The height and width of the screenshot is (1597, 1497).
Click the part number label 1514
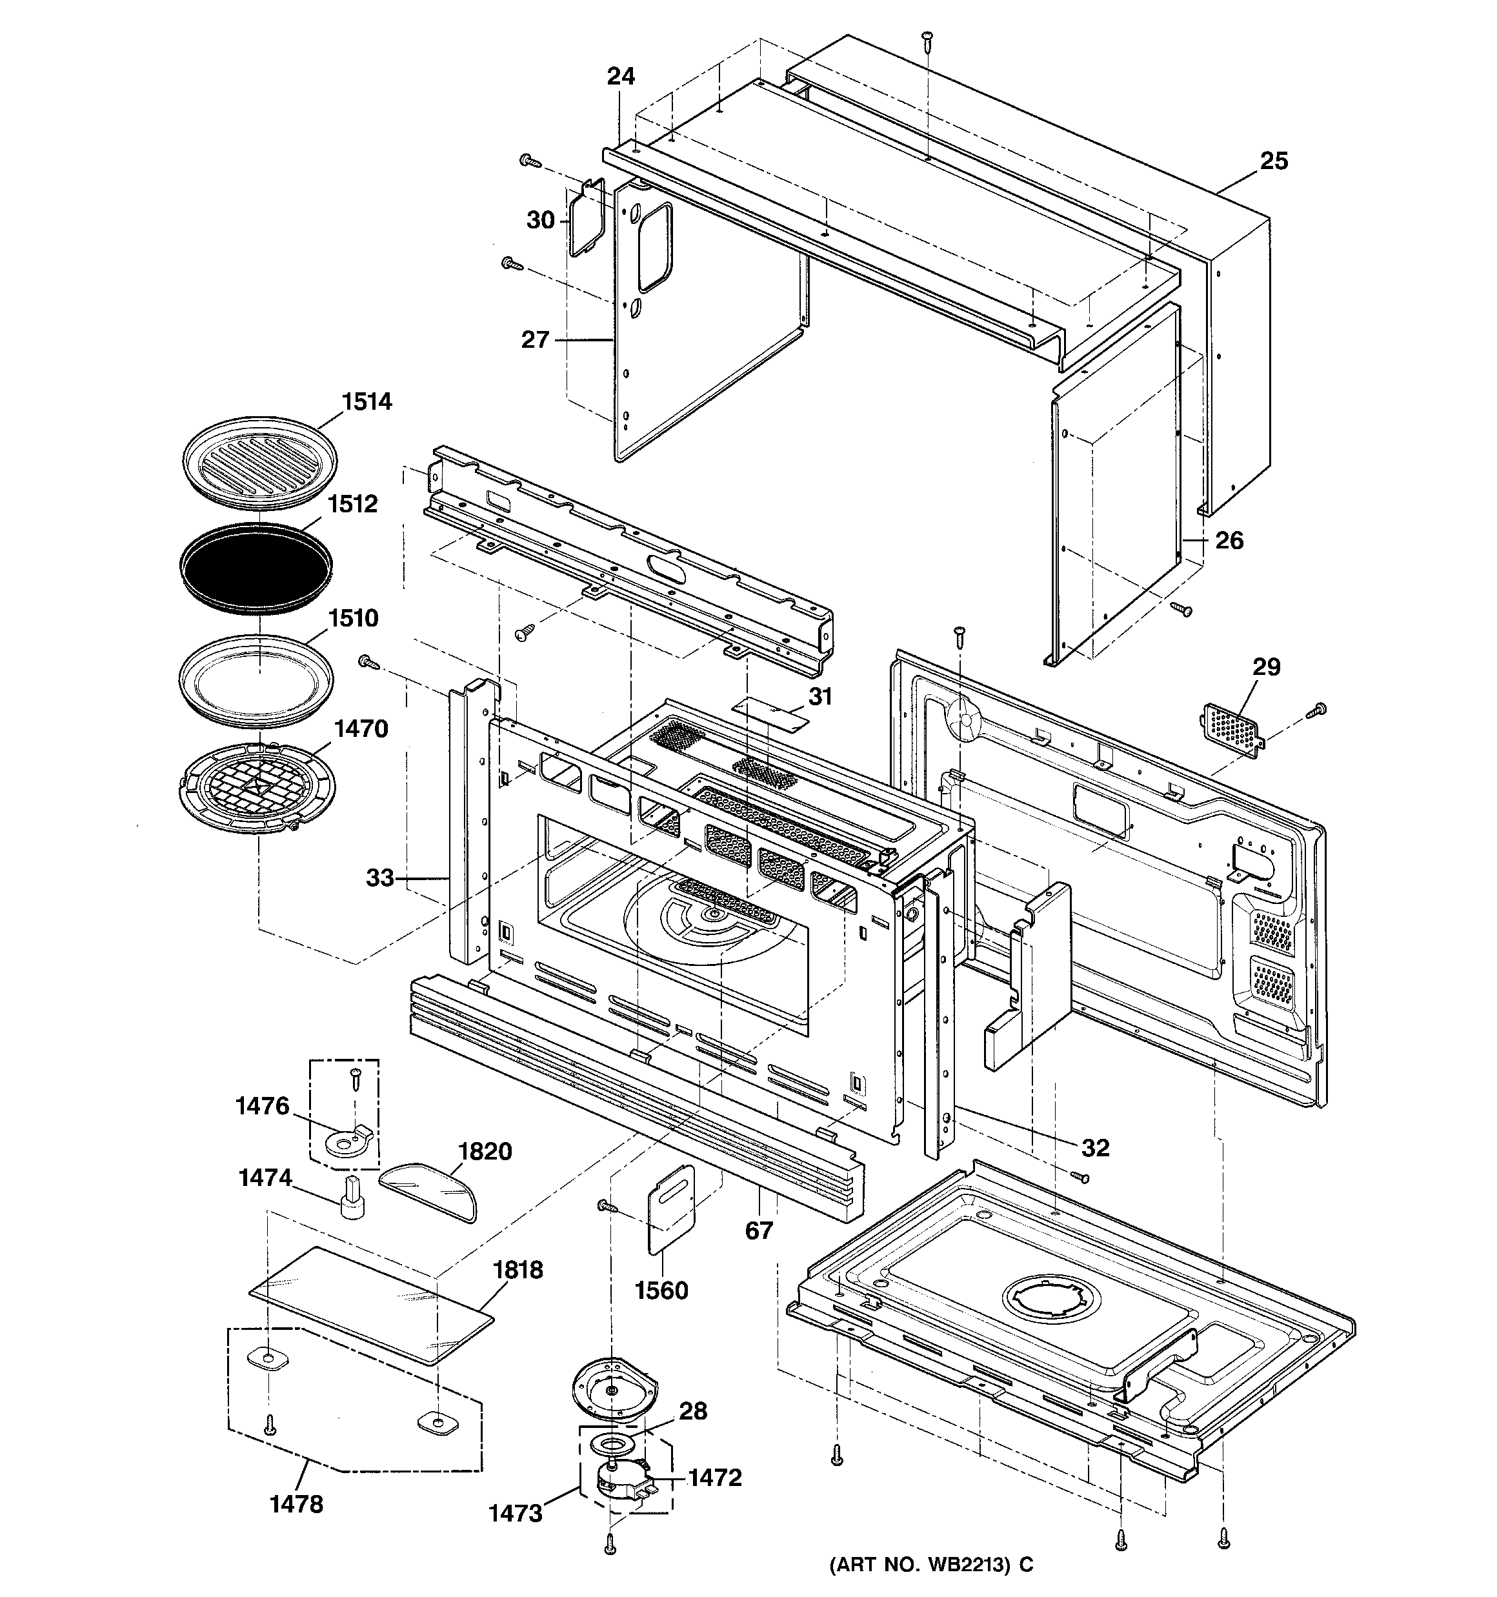[x=367, y=401]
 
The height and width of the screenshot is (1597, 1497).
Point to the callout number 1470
[x=361, y=728]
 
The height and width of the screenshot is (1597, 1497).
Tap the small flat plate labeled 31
[x=769, y=714]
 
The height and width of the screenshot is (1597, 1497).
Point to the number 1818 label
[x=517, y=1270]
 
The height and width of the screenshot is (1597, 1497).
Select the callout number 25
[x=1274, y=161]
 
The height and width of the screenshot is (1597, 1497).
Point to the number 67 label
[x=759, y=1230]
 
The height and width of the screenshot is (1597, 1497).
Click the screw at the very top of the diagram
[x=927, y=39]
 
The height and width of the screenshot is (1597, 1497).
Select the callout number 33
[x=380, y=878]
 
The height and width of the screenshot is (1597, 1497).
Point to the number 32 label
[x=1095, y=1148]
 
